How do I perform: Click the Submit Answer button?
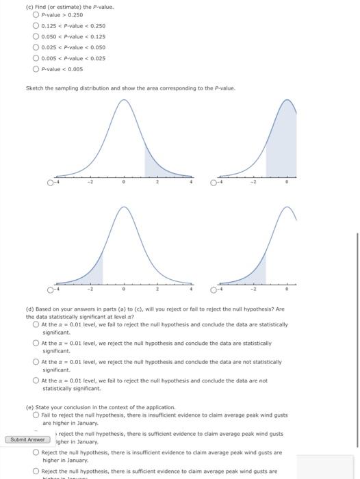[28, 439]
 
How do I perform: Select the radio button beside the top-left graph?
[50, 183]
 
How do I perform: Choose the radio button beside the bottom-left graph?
[50, 290]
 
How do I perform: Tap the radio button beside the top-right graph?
[214, 183]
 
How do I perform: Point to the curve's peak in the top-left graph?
[124, 101]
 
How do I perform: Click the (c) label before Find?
[30, 7]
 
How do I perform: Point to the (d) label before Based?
[30, 310]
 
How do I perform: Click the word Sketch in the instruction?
[34, 88]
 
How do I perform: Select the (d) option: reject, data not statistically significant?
[36, 362]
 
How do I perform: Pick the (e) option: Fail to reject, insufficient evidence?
[36, 415]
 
